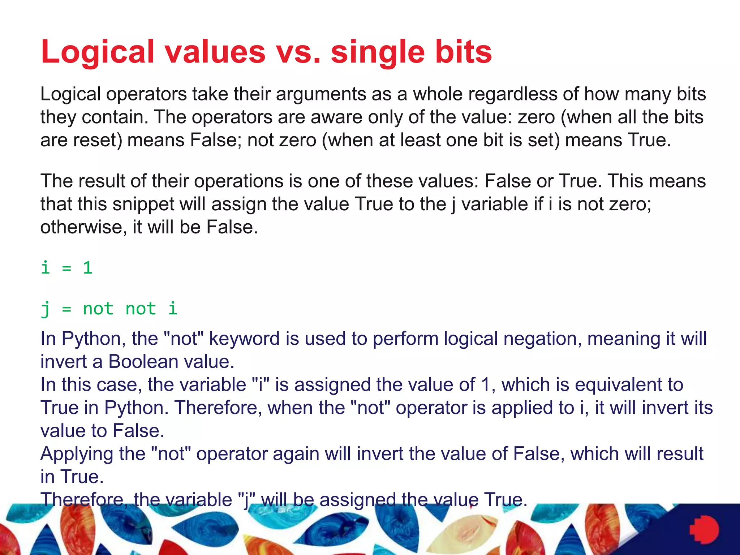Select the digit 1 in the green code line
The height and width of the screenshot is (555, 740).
click(x=88, y=268)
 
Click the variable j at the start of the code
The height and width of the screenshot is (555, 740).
click(x=45, y=309)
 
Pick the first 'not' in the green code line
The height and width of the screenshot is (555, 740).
click(x=98, y=309)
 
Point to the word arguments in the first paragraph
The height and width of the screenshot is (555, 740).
click(x=334, y=94)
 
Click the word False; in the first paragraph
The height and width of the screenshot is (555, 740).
click(x=216, y=140)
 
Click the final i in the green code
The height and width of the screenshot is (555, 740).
click(x=173, y=309)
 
